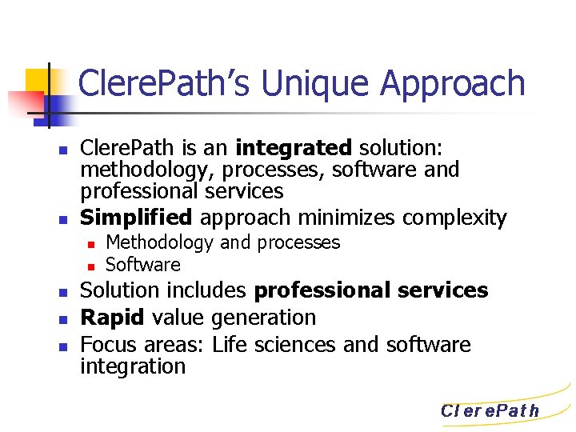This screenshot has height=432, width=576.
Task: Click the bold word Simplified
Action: point(137,217)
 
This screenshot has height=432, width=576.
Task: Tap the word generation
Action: point(263,318)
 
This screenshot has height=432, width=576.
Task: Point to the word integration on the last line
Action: point(133,366)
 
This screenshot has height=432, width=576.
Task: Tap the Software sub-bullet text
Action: point(143,264)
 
